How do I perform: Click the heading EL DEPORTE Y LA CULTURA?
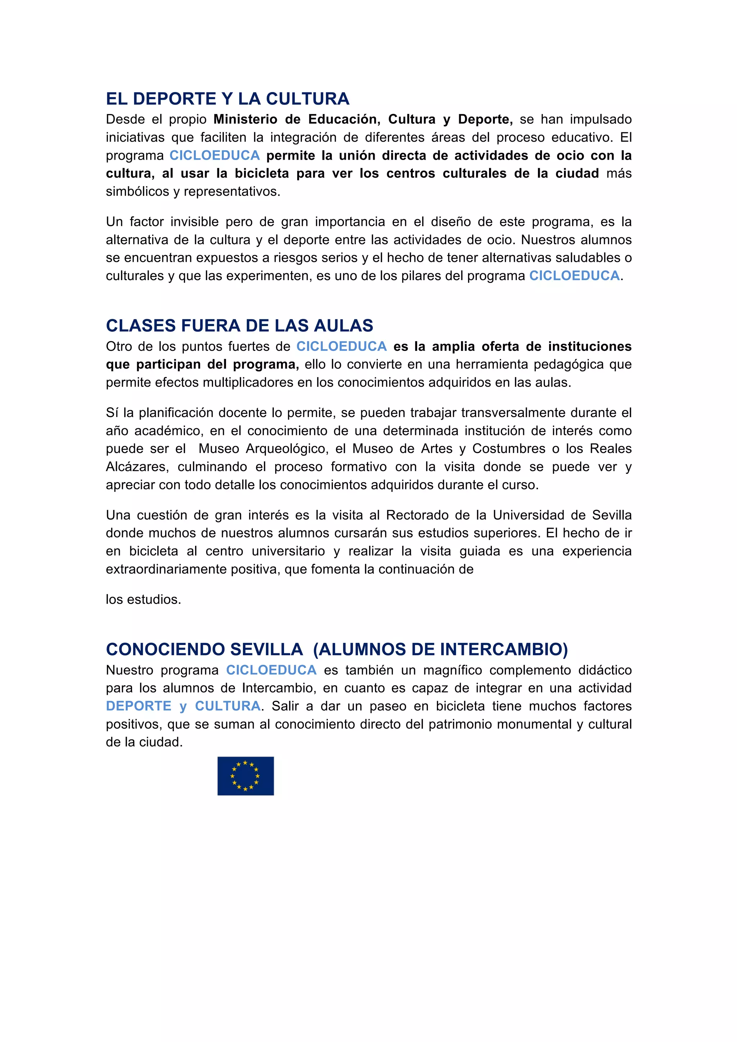click(227, 99)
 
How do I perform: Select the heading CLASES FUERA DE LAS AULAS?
click(239, 326)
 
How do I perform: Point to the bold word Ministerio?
click(245, 119)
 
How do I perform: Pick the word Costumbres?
click(508, 449)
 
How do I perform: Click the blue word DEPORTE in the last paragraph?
click(139, 706)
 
